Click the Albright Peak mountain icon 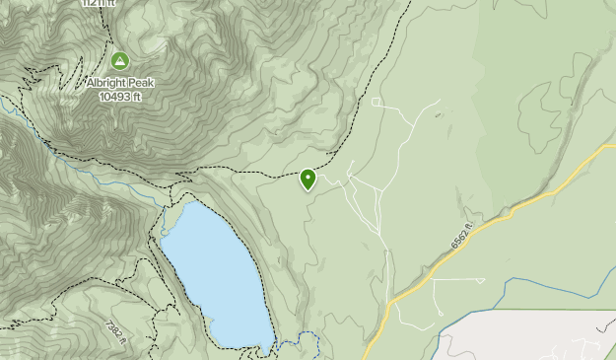click(120, 61)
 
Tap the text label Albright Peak click(120, 83)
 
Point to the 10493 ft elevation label click(120, 97)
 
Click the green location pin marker click(308, 179)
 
